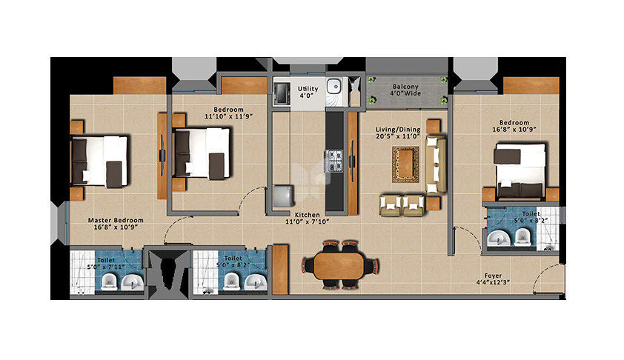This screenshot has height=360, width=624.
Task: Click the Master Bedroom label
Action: pyautogui.click(x=116, y=224)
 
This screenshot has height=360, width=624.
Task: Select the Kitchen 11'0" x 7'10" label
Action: pyautogui.click(x=308, y=219)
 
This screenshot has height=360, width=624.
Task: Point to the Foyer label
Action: pyautogui.click(x=493, y=276)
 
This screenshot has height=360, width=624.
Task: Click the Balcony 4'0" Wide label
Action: pyautogui.click(x=405, y=90)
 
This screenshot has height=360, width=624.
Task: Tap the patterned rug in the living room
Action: pyautogui.click(x=405, y=164)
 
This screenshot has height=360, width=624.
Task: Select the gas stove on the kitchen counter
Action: pyautogui.click(x=334, y=161)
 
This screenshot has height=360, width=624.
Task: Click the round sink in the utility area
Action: pyautogui.click(x=334, y=85)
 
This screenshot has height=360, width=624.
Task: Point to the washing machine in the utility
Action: pyautogui.click(x=282, y=94)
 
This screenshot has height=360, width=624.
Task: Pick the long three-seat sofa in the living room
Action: pyautogui.click(x=436, y=164)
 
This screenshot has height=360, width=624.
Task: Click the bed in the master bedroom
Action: pyautogui.click(x=99, y=161)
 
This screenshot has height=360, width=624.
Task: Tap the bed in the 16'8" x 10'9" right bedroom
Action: pyautogui.click(x=520, y=171)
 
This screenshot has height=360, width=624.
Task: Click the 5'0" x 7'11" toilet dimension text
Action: pyautogui.click(x=106, y=267)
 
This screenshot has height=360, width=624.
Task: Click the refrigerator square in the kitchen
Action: pyautogui.click(x=284, y=196)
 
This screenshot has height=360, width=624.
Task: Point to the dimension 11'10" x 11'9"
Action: pyautogui.click(x=229, y=116)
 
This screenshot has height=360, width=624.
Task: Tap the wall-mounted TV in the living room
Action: pyautogui.click(x=352, y=161)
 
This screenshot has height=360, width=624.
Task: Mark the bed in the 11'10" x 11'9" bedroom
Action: pyautogui.click(x=202, y=153)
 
